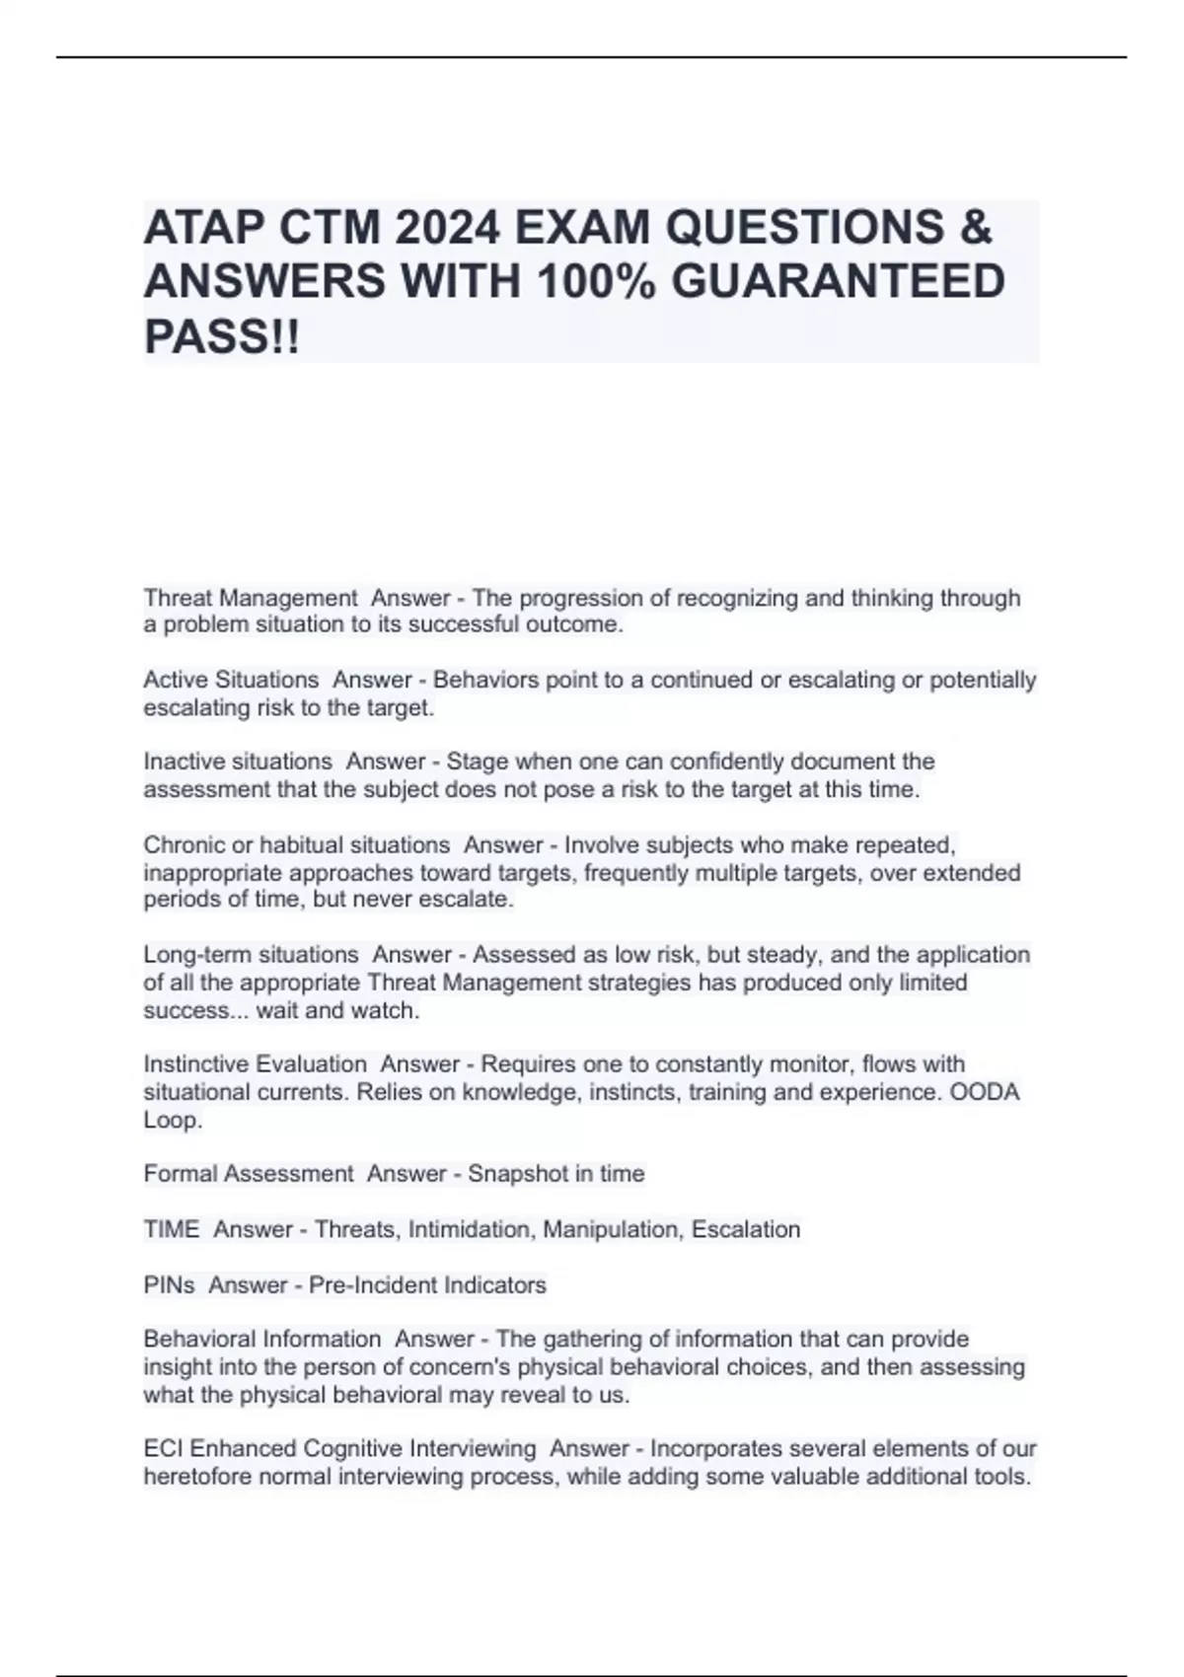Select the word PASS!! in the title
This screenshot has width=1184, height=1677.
pyautogui.click(x=222, y=336)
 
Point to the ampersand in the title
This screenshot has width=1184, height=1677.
pyautogui.click(x=975, y=228)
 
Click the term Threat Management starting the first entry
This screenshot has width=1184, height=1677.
pyautogui.click(x=251, y=598)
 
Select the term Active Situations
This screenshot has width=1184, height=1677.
pyautogui.click(x=231, y=680)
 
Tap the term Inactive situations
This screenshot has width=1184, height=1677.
pyautogui.click(x=238, y=762)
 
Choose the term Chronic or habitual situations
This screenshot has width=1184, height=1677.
pyautogui.click(x=297, y=845)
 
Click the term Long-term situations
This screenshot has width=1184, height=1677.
pyautogui.click(x=252, y=955)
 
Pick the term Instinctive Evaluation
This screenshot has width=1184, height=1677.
pyautogui.click(x=256, y=1064)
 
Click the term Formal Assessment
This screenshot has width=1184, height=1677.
pyautogui.click(x=249, y=1174)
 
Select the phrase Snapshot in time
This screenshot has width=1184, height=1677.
pyautogui.click(x=556, y=1174)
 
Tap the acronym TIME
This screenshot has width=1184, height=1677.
pyautogui.click(x=172, y=1229)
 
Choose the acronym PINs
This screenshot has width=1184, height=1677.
pyautogui.click(x=170, y=1285)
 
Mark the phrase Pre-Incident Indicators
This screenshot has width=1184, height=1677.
pyautogui.click(x=427, y=1285)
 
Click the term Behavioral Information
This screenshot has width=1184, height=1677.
pyautogui.click(x=262, y=1339)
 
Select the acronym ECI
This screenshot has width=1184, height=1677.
pyautogui.click(x=164, y=1448)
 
